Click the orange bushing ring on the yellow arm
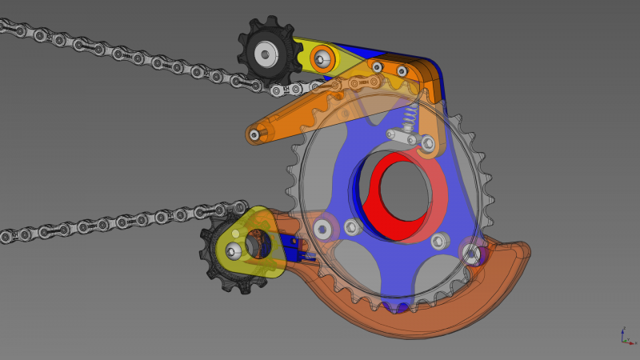[322, 58]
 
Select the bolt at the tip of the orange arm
[254, 134]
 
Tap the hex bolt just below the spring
[427, 143]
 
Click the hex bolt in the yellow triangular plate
[233, 252]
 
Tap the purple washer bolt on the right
[472, 252]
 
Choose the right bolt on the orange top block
[402, 70]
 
